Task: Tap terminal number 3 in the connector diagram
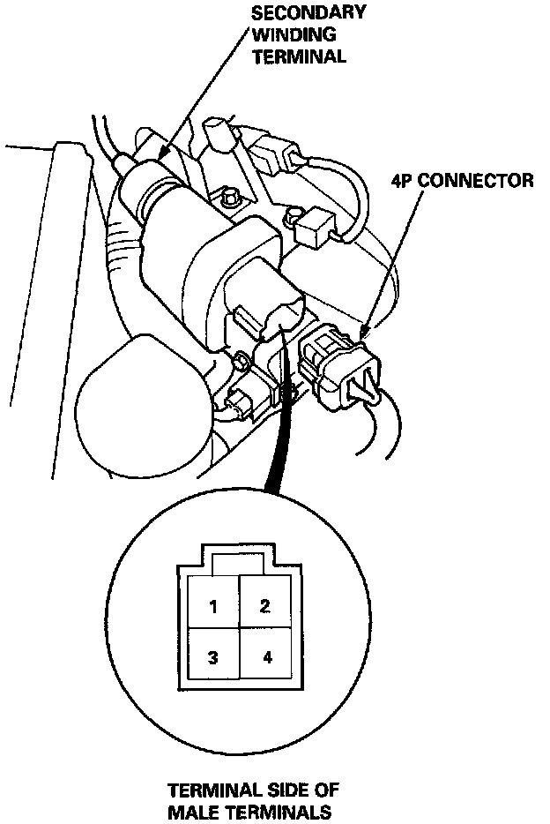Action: coord(212,657)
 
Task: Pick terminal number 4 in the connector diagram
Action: coord(267,657)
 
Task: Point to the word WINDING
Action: coord(287,35)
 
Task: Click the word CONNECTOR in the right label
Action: coord(476,182)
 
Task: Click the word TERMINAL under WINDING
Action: coord(300,56)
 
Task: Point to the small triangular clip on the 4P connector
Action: coord(363,387)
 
